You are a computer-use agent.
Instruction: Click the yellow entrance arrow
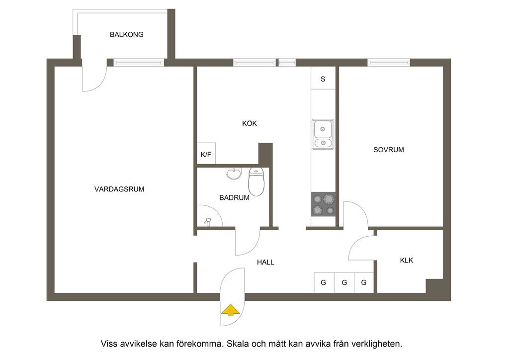(x=231, y=310)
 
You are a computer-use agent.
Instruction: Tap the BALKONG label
(x=127, y=34)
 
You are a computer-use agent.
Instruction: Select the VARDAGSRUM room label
(x=119, y=189)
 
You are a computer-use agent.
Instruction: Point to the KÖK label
(x=250, y=123)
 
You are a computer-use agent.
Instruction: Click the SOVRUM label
(x=389, y=150)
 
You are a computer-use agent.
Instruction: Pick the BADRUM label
(x=235, y=197)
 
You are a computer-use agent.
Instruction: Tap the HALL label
(x=265, y=262)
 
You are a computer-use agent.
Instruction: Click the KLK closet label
(x=407, y=260)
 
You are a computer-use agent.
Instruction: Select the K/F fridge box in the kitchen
(x=206, y=154)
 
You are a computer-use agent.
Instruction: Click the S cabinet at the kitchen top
(x=323, y=78)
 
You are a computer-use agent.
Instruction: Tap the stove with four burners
(x=323, y=204)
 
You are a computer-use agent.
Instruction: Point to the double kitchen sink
(x=323, y=134)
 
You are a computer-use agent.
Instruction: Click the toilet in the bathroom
(x=256, y=182)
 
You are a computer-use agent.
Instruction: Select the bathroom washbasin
(x=234, y=174)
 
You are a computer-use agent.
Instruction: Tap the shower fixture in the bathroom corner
(x=208, y=222)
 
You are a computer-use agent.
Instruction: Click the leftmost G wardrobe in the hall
(x=324, y=283)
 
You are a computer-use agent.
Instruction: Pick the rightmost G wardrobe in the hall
(x=364, y=283)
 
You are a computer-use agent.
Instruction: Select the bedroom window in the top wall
(x=389, y=62)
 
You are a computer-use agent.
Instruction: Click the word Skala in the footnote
(x=239, y=344)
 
